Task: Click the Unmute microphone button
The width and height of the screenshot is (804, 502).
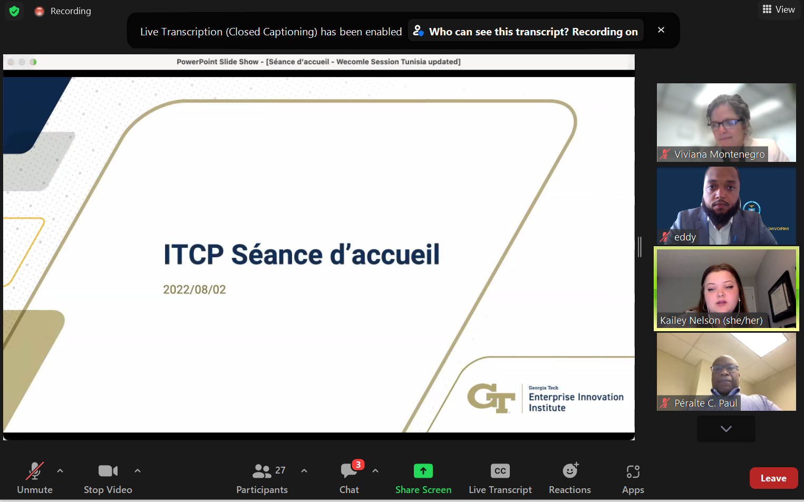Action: tap(35, 471)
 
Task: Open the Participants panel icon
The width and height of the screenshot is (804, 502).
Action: tap(261, 471)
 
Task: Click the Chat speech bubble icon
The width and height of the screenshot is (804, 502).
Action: tap(348, 471)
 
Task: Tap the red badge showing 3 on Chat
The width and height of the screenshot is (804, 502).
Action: tap(359, 465)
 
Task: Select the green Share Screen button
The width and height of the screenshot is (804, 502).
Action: tap(423, 471)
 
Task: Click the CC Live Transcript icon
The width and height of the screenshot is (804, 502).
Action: tap(500, 471)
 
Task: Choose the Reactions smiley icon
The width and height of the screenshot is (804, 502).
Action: tap(570, 470)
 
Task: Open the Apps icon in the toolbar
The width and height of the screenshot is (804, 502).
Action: tap(633, 471)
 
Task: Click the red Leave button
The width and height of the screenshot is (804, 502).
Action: tap(773, 478)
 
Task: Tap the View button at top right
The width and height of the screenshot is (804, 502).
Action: tap(779, 9)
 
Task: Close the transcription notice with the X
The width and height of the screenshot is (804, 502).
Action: tap(661, 30)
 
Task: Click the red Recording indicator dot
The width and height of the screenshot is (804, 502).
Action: tap(39, 11)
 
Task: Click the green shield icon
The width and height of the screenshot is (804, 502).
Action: tap(14, 11)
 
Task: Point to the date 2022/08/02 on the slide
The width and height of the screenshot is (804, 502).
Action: tap(195, 289)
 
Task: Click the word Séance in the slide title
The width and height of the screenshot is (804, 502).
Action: tap(277, 255)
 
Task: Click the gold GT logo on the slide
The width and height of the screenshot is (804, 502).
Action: tap(491, 398)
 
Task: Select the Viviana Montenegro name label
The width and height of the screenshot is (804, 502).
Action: tap(719, 155)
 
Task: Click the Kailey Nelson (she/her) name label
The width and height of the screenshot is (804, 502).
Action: tap(711, 320)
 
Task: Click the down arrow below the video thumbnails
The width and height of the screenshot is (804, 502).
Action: tap(726, 429)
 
